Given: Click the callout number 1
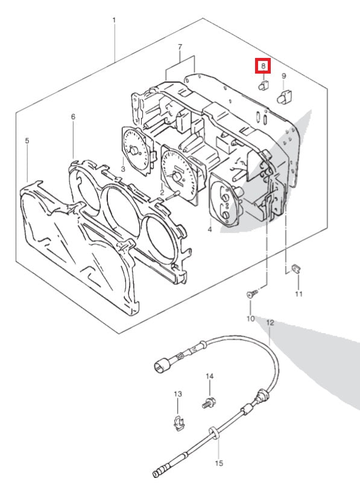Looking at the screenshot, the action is click(114, 21).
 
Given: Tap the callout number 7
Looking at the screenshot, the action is click(180, 47).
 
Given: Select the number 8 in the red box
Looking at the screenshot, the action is click(263, 66).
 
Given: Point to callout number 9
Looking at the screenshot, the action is click(284, 76).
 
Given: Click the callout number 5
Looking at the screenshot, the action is click(27, 141).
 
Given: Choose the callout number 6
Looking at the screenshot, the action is click(73, 117).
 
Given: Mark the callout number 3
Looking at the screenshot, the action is click(123, 169).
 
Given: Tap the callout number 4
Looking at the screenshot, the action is click(210, 229).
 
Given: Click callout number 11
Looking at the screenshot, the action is click(298, 294).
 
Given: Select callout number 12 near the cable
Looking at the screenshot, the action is click(270, 323).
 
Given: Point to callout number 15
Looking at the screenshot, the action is click(219, 463).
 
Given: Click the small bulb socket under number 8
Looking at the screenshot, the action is click(264, 85).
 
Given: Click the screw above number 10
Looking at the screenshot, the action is click(252, 293).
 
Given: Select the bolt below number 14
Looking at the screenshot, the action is click(209, 404).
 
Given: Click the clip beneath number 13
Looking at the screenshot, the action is click(179, 423).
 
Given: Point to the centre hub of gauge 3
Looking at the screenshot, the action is click(134, 150).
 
